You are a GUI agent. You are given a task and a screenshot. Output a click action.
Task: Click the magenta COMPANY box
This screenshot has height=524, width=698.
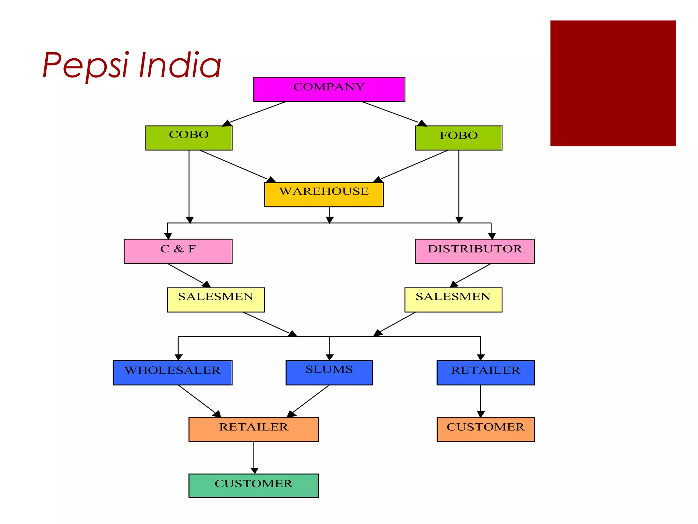[329, 89]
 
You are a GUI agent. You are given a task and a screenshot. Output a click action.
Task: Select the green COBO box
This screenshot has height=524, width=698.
[189, 138]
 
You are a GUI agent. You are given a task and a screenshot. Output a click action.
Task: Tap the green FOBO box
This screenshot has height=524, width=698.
[458, 138]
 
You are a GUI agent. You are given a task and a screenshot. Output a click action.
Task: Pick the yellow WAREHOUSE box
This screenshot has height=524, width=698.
[323, 194]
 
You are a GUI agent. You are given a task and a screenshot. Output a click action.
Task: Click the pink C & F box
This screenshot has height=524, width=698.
[178, 251]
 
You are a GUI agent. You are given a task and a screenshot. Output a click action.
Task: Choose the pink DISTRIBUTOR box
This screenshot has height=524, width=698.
[475, 251]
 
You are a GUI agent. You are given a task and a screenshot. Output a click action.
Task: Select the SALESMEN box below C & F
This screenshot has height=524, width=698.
[216, 300]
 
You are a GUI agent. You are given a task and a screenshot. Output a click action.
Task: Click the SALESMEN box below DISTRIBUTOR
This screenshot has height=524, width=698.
[453, 300]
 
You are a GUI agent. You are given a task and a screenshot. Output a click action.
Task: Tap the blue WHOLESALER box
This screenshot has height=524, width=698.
[172, 373]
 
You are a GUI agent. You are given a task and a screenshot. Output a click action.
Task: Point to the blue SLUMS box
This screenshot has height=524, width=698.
[329, 373]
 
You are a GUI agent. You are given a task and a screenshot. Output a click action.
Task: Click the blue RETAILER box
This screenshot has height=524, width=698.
[485, 373]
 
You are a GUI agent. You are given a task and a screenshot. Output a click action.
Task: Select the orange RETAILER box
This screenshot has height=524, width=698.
[254, 429]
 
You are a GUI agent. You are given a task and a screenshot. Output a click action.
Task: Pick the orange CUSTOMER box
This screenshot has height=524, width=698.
[485, 429]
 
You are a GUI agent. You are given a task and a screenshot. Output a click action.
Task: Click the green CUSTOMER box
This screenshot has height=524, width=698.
[254, 485]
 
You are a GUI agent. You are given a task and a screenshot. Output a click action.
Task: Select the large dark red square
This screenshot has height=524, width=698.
[613, 83]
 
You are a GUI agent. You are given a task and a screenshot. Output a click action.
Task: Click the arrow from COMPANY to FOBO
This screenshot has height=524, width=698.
[392, 113]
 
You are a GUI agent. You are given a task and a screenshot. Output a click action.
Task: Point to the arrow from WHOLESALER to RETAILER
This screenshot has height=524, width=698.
[199, 401]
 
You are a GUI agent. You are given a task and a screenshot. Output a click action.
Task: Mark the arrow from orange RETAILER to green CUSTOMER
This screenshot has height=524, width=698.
[254, 457]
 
